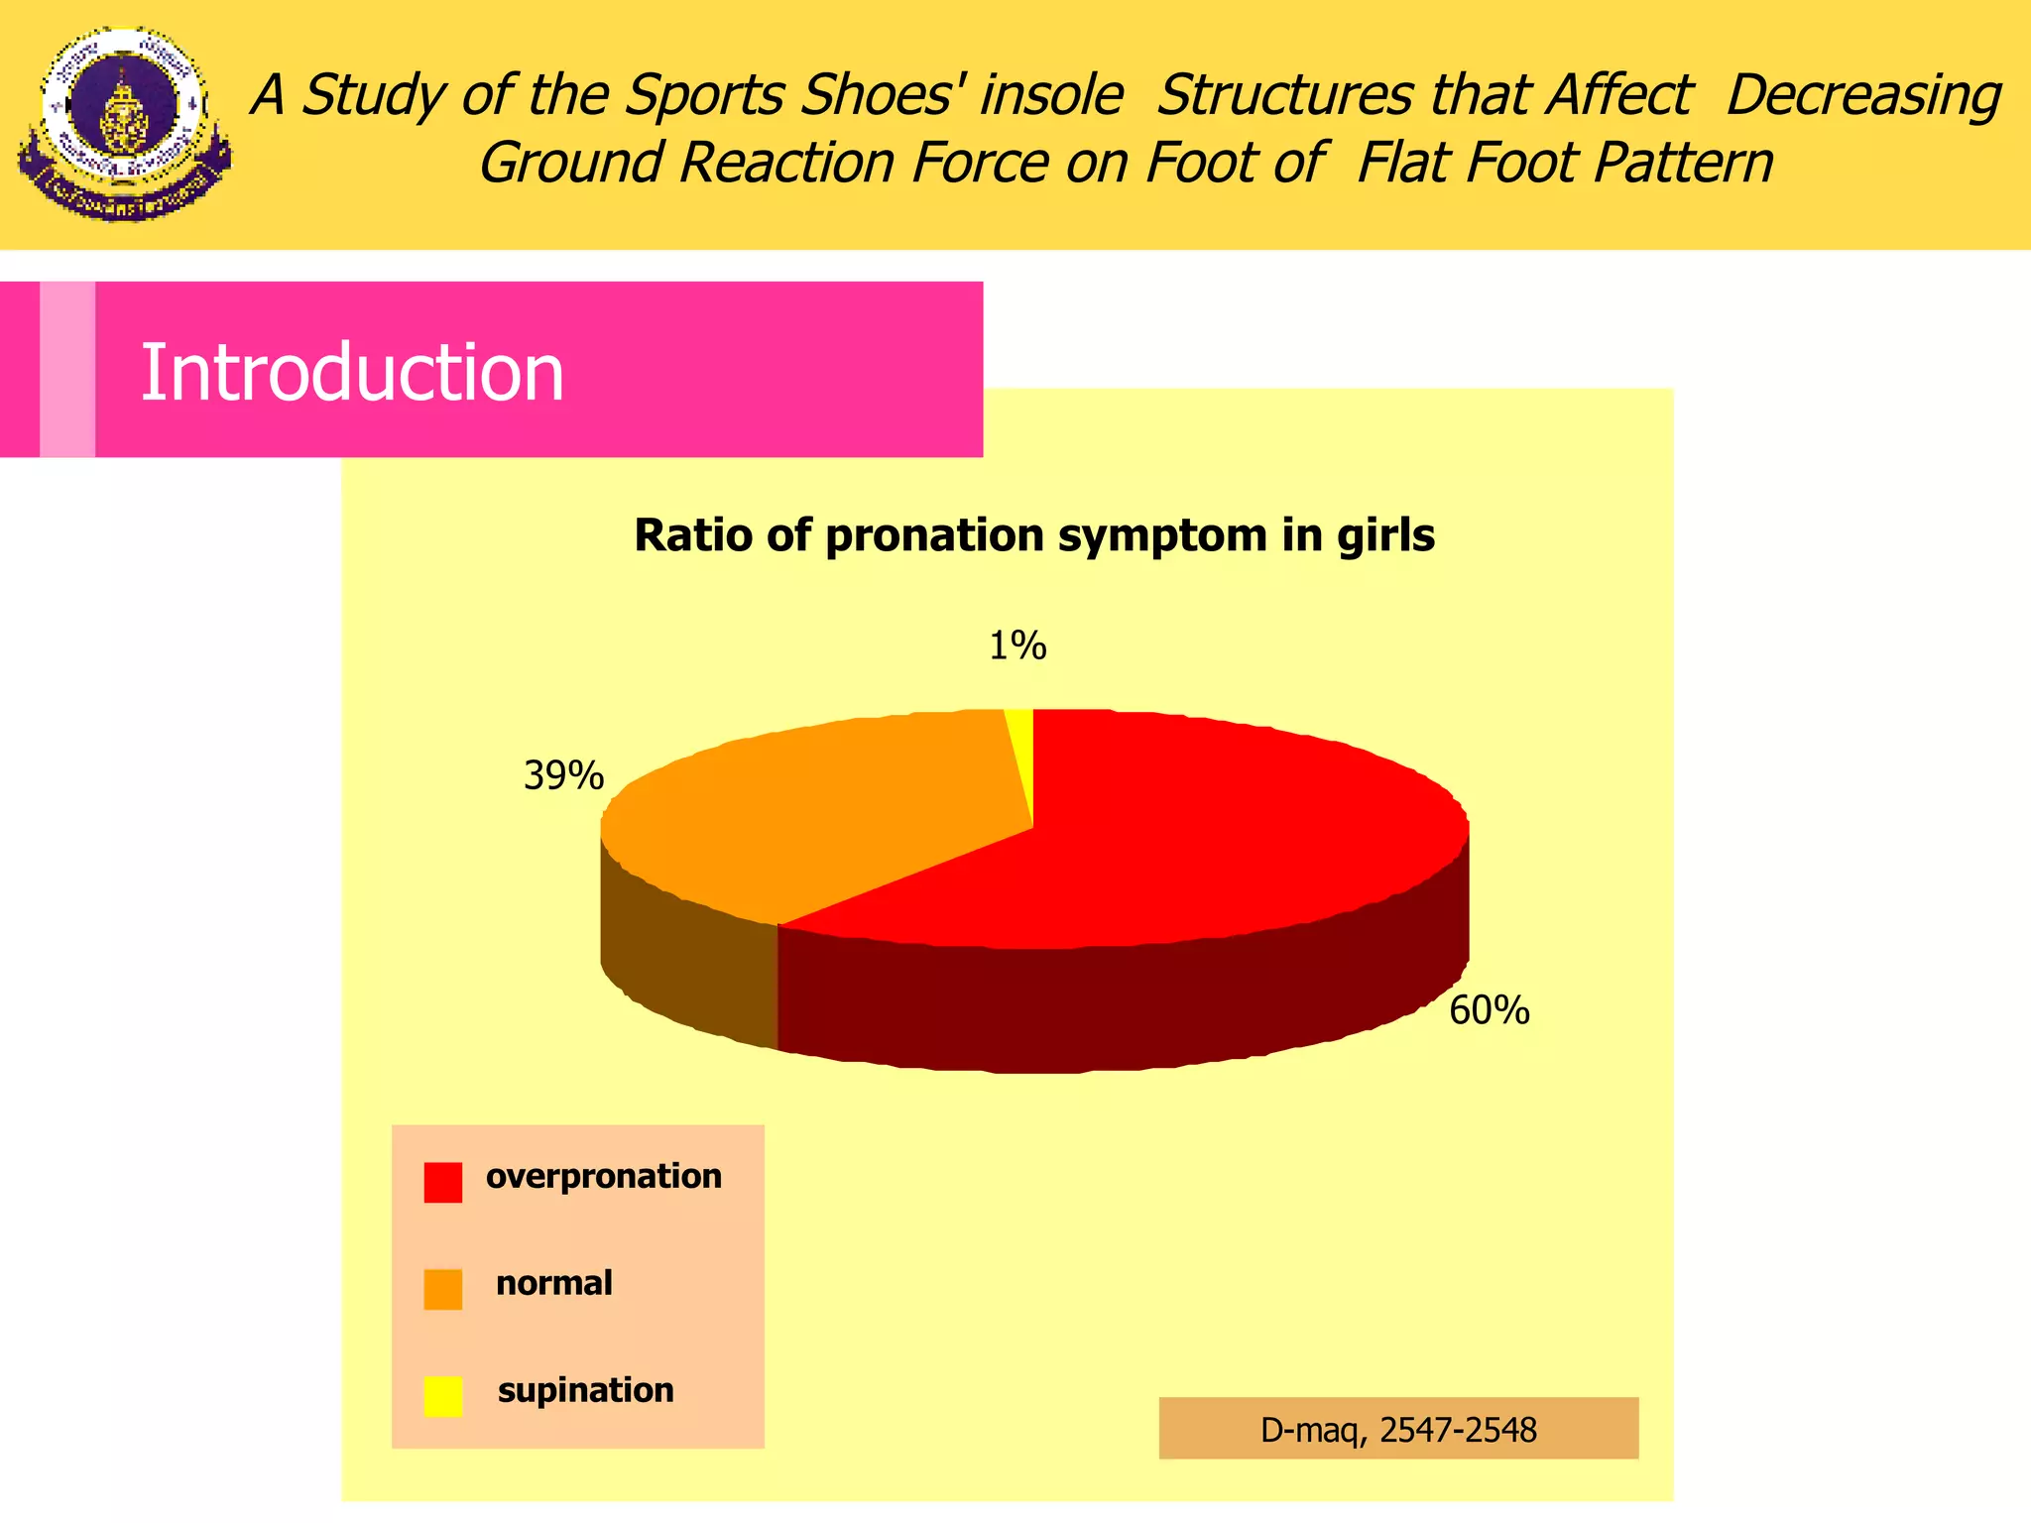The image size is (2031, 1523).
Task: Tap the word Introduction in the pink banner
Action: point(352,373)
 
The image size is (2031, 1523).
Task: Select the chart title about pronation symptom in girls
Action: point(1034,535)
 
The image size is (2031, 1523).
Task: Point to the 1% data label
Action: point(1017,646)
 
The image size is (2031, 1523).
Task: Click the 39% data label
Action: point(563,775)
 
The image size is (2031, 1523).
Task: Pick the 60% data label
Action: point(1489,1010)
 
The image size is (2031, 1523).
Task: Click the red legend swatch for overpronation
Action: point(442,1182)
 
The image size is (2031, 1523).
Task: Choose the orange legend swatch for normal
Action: point(442,1289)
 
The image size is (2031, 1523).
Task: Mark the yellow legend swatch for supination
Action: point(442,1396)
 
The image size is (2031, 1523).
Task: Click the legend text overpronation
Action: point(603,1177)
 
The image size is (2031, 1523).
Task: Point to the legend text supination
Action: point(585,1391)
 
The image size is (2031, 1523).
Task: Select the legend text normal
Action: point(553,1284)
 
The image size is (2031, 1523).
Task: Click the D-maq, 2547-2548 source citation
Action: point(1398,1430)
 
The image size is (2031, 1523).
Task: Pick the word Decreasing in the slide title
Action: point(1862,96)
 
